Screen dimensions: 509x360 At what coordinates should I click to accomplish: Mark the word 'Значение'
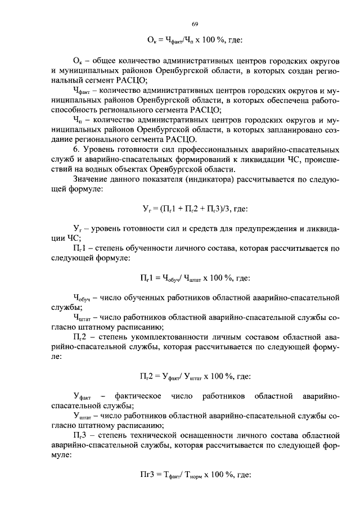coord(91,179)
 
